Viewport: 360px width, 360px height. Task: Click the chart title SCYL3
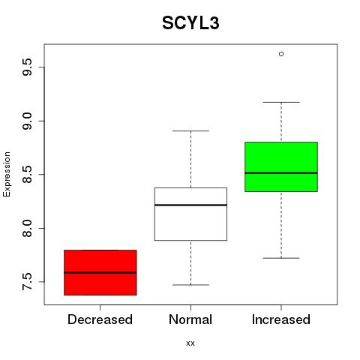tap(190, 23)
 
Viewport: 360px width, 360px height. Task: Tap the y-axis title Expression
tap(7, 174)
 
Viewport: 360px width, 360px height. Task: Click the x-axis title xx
tap(190, 343)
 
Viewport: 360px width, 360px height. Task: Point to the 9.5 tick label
tap(27, 67)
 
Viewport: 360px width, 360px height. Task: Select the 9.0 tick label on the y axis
tap(27, 121)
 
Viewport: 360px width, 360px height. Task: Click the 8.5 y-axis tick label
tap(27, 175)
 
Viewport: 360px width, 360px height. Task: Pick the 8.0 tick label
tap(27, 228)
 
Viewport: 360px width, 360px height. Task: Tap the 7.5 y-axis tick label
tap(27, 282)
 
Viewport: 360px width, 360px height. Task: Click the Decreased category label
tap(100, 319)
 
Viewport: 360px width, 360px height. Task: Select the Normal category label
tap(190, 319)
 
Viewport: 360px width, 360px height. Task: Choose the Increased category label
tap(281, 319)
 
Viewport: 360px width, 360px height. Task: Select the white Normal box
tap(190, 214)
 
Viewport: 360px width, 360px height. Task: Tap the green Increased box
tap(281, 166)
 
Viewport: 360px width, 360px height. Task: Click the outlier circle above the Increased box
tap(281, 54)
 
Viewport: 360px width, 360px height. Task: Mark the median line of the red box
tap(100, 272)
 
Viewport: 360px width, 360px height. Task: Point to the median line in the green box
tap(281, 173)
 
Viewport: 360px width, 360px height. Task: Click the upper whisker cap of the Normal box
tap(190, 130)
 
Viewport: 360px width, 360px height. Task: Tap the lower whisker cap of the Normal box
tap(190, 285)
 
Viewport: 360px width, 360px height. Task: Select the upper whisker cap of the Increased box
tap(281, 102)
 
